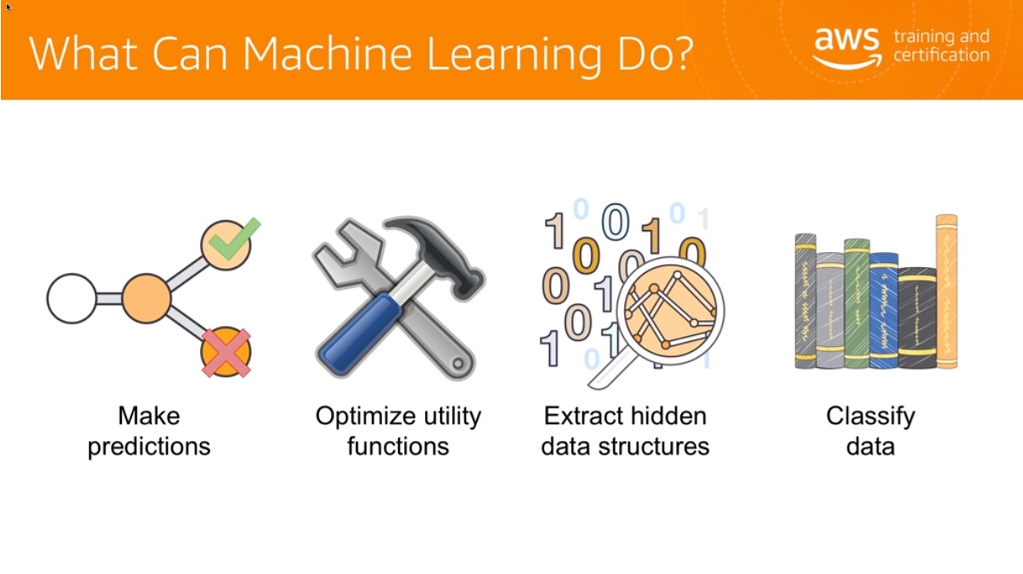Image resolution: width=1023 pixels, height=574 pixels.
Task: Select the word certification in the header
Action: pos(942,55)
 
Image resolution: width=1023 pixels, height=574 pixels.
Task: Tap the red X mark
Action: pos(226,353)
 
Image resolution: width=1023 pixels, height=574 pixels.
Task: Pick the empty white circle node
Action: pos(71,298)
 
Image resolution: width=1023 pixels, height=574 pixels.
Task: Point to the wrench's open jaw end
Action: pos(348,251)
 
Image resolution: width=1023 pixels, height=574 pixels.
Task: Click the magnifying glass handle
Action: pos(610,368)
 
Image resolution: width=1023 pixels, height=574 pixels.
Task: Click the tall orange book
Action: pos(947,291)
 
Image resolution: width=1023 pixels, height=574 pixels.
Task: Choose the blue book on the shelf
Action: pos(884,310)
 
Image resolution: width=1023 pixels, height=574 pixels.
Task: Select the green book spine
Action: pos(857,303)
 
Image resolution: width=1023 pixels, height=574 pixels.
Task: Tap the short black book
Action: pos(917,318)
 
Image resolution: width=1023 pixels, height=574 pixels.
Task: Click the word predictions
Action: pos(149,446)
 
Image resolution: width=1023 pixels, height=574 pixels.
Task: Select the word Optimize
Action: pos(363,416)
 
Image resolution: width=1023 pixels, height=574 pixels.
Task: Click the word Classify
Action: pos(870,416)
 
